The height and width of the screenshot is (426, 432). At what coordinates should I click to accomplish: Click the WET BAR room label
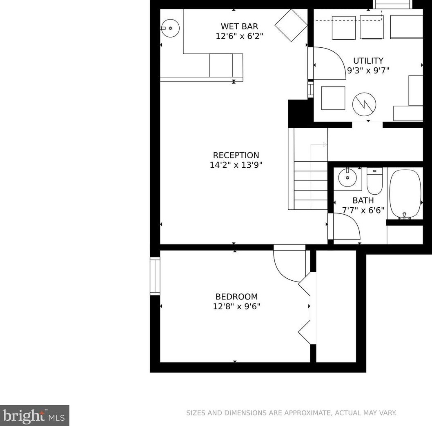point(239,27)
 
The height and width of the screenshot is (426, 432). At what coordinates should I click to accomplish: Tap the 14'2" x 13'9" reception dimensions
point(236,165)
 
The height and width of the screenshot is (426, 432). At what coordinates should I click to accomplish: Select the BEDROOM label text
point(237,297)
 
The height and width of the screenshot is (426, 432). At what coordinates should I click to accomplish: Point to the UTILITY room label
point(368,60)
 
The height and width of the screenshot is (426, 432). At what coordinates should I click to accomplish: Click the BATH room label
point(363,200)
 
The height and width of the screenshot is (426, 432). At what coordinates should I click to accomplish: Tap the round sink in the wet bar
point(170,28)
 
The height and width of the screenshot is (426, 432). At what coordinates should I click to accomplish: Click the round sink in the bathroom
point(347,178)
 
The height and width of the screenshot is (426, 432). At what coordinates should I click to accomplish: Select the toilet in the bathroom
point(375,181)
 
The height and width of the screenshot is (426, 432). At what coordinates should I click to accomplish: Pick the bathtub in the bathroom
point(405,194)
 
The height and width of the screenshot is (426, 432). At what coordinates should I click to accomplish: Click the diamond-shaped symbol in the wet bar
point(291,25)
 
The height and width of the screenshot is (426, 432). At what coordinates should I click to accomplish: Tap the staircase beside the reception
point(308,169)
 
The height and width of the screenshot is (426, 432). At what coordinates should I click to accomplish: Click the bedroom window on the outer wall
point(155,276)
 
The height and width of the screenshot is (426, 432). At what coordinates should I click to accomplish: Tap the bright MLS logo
point(34,415)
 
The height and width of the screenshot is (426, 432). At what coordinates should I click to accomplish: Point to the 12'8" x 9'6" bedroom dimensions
point(237,306)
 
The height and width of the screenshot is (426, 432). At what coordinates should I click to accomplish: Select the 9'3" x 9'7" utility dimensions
point(368,71)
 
